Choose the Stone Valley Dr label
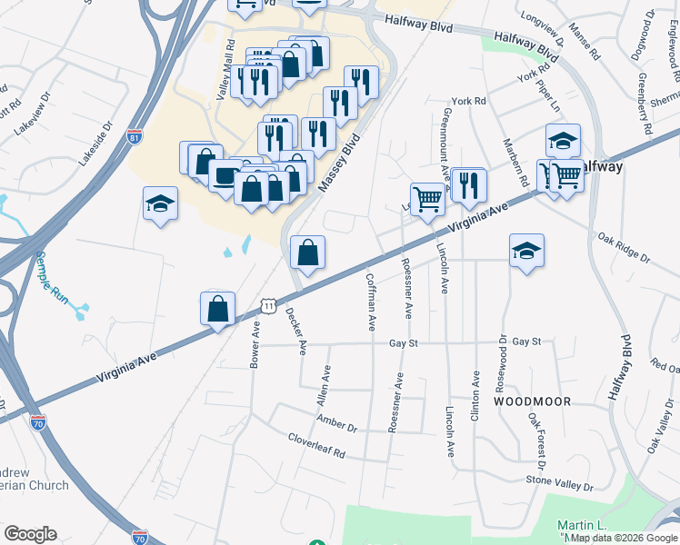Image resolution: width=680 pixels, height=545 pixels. (x=559, y=482)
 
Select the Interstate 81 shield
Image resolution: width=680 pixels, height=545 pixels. (x=135, y=138)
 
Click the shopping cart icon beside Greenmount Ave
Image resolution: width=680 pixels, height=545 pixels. (x=427, y=199)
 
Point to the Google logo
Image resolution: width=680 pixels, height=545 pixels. (x=30, y=534)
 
